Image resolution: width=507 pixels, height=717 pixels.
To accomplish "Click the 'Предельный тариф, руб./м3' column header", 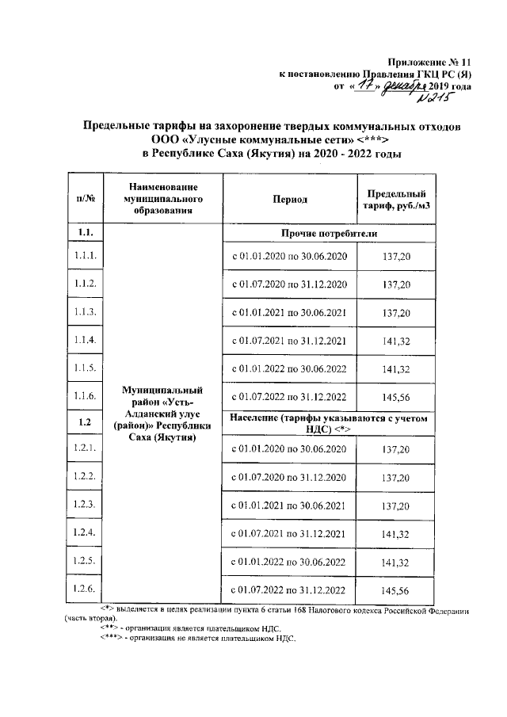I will coord(396,200).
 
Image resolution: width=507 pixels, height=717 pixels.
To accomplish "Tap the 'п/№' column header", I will coord(86,200).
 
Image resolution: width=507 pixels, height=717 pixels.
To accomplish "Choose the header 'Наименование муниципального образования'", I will coord(165,199).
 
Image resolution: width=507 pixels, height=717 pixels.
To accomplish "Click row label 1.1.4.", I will coord(86,340).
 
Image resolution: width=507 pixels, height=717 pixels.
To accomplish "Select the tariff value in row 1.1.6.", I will coord(395,396).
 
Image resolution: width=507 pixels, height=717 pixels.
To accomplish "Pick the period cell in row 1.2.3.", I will coord(289,505).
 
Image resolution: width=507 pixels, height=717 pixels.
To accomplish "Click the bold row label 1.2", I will coord(86,421).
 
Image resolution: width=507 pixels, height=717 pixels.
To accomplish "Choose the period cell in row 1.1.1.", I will coord(289,256).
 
